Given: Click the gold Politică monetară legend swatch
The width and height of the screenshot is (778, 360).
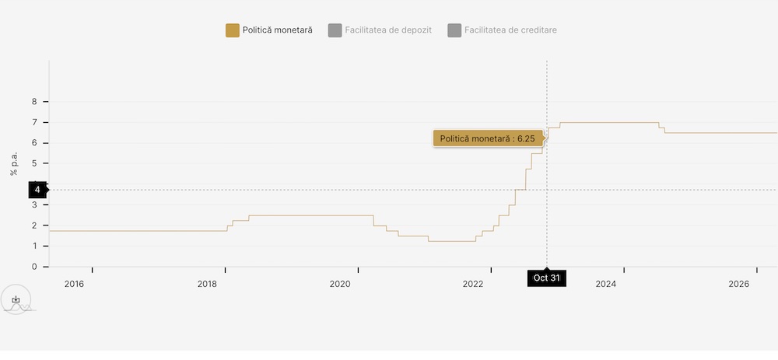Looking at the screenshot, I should [233, 30].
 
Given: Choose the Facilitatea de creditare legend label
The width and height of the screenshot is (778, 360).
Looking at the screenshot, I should [510, 30].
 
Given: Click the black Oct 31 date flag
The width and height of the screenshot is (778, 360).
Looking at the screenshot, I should [546, 278].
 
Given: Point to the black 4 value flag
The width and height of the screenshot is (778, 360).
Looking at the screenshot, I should [37, 189].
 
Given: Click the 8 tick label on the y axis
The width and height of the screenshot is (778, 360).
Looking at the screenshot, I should [34, 102].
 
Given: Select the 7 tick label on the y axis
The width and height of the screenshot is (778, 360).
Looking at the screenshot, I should [34, 122].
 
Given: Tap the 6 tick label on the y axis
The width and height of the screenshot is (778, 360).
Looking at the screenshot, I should [34, 143].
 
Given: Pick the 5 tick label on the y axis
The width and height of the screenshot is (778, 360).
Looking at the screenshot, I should [34, 163].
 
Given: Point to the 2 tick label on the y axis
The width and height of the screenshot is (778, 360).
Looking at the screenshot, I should [34, 225].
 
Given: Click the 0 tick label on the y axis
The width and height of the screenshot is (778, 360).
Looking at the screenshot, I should [34, 267].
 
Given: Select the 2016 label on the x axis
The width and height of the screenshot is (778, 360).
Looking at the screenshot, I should [74, 285].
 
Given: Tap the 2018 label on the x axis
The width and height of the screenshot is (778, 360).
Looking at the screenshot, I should [207, 285].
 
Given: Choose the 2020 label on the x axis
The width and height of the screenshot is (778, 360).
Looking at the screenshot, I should [340, 285].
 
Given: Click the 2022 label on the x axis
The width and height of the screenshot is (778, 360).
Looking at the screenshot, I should [473, 285].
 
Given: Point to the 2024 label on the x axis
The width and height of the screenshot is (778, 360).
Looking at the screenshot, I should [606, 285].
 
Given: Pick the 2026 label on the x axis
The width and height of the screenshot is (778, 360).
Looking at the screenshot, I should [739, 285].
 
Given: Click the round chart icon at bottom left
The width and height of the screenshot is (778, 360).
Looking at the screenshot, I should [16, 299].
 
